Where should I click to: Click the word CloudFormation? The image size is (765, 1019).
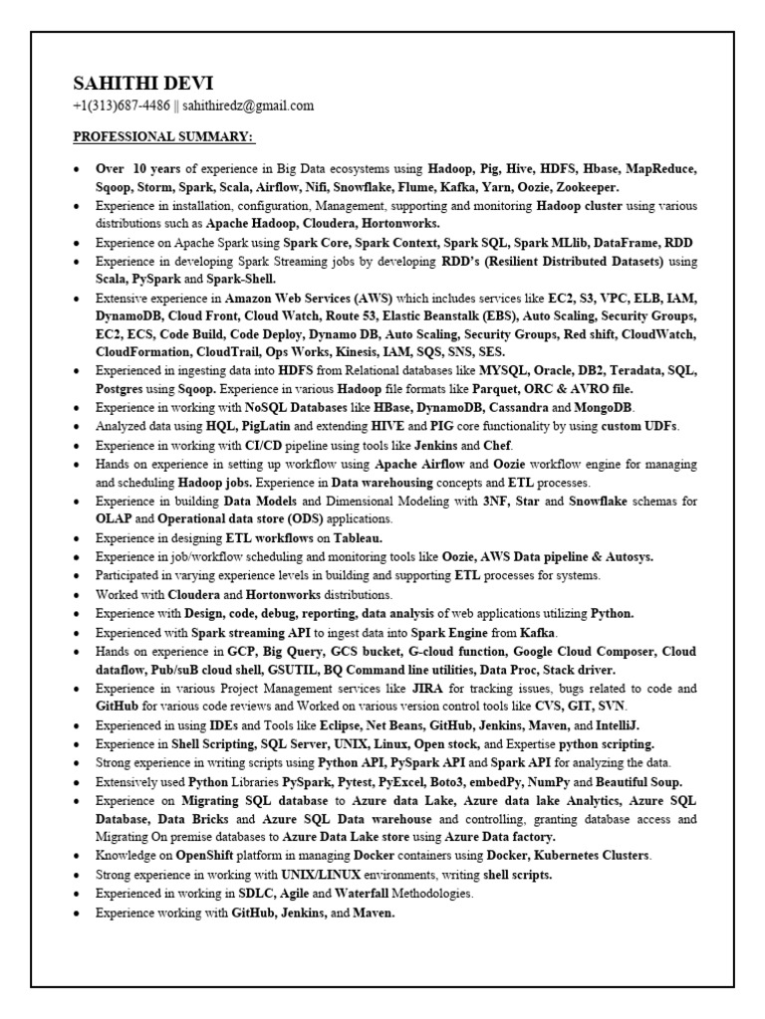(x=140, y=352)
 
